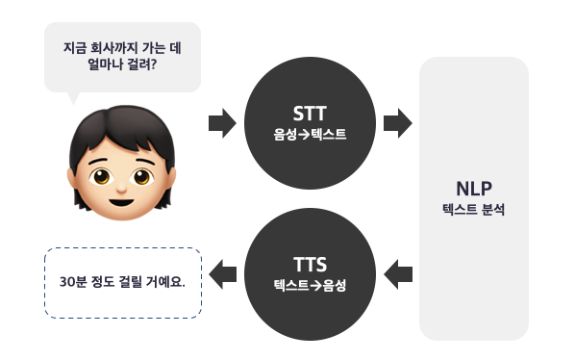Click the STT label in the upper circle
coord(310,114)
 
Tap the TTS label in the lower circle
coord(310,265)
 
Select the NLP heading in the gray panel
coord(474,189)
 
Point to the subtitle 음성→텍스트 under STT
coord(310,134)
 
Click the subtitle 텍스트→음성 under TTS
coord(310,285)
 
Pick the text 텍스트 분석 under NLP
coord(474,209)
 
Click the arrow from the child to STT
coord(222,123)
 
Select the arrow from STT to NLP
coord(398,123)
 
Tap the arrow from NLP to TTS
coord(398,274)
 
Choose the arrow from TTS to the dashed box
coord(222,274)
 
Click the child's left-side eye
coord(102,176)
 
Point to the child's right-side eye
coord(142,176)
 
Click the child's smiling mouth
coord(121,202)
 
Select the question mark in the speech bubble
coord(153,64)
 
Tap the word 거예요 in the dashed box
coord(165,282)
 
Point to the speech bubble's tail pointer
coord(73,98)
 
